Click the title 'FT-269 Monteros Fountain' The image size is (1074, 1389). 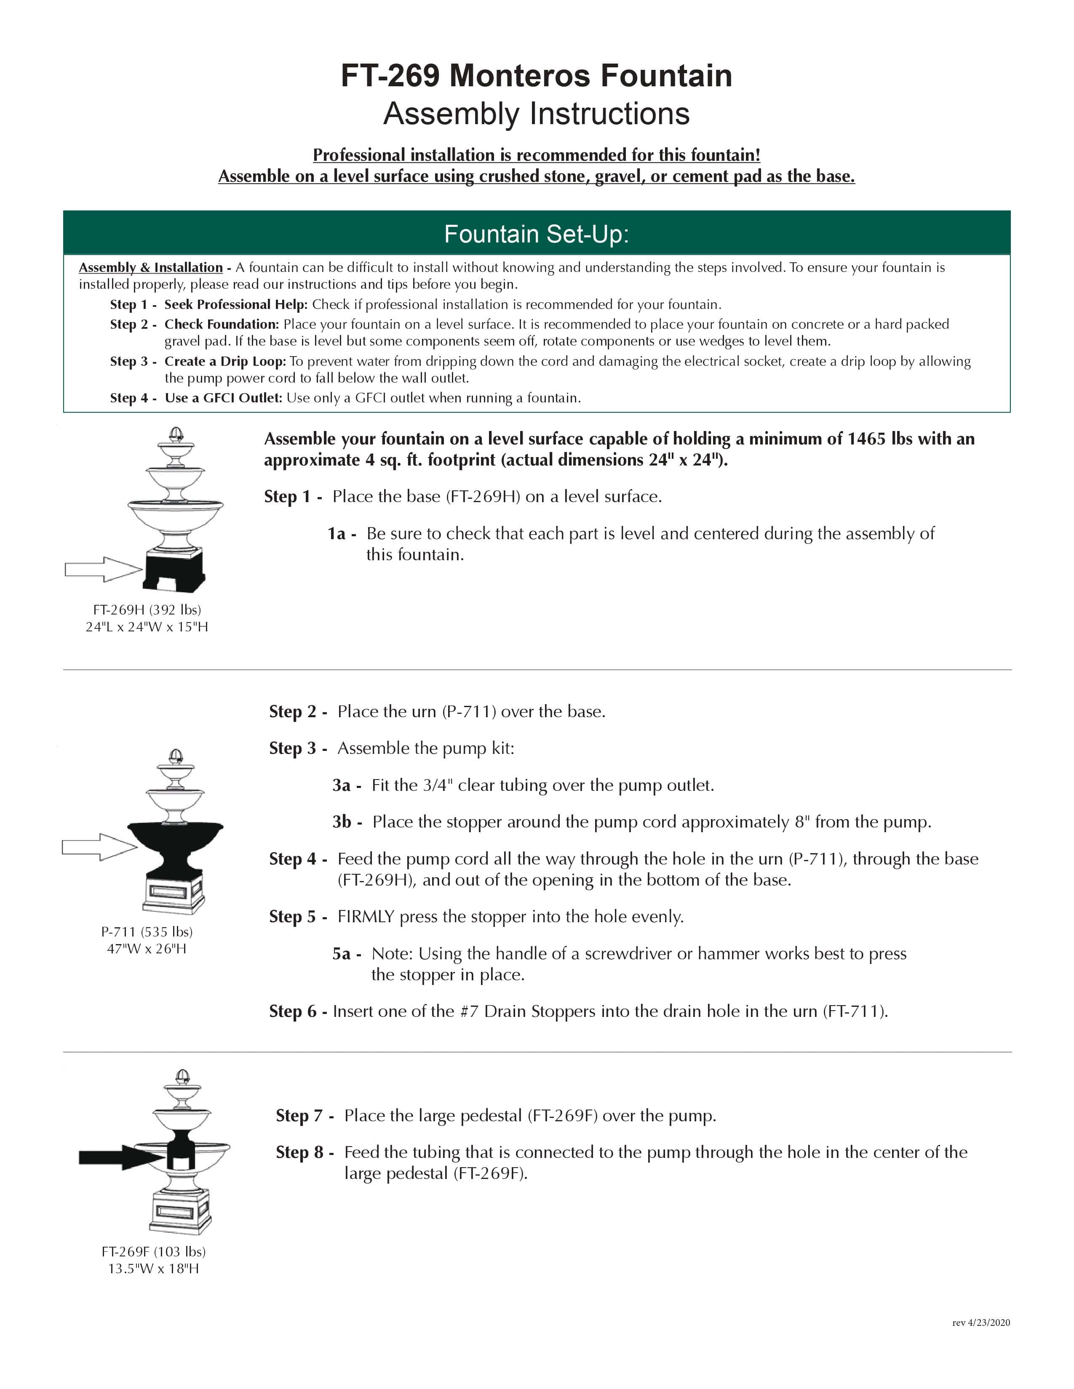coord(536,76)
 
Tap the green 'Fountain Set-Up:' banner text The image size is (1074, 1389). coord(536,234)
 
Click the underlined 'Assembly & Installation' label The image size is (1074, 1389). coord(151,268)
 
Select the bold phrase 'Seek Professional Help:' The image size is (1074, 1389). coord(235,305)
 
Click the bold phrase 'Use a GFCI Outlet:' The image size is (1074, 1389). coord(223,398)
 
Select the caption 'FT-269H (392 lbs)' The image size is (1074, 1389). coord(147,610)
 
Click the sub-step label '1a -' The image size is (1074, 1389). coord(342,534)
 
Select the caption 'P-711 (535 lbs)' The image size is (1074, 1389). coord(147,932)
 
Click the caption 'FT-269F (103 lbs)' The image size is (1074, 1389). coord(153,1252)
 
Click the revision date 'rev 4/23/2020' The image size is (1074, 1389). coord(980,1323)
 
